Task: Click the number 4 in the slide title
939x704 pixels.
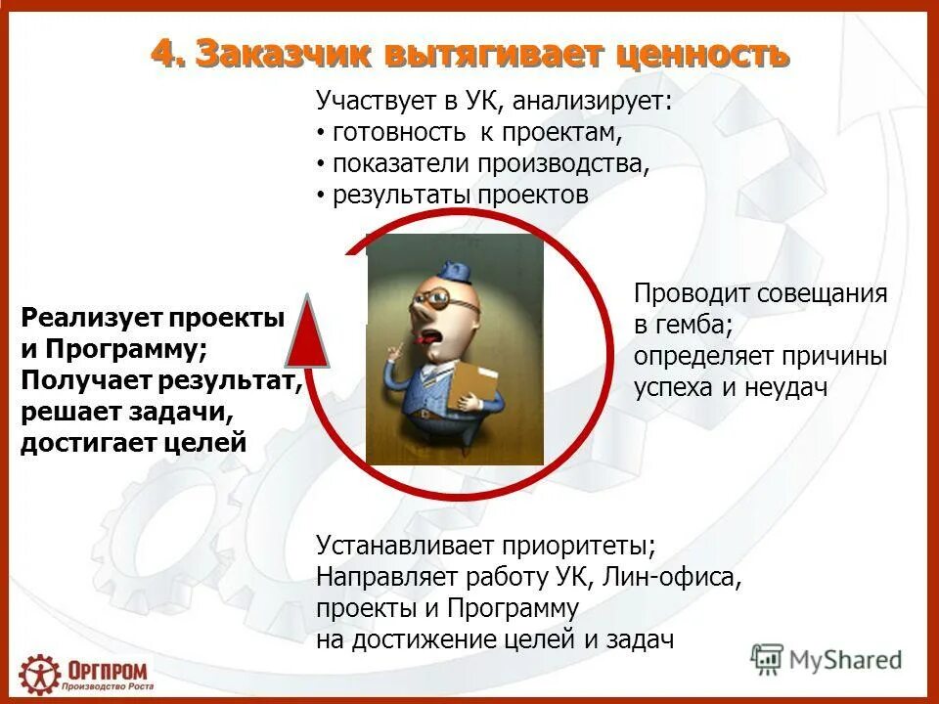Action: pos(164,55)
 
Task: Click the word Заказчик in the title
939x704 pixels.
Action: pos(277,55)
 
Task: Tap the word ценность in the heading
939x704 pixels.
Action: pos(696,55)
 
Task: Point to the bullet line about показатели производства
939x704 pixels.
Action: pos(490,163)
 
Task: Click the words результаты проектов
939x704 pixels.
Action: pos(461,195)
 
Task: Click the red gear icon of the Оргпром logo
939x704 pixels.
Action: pos(39,674)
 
